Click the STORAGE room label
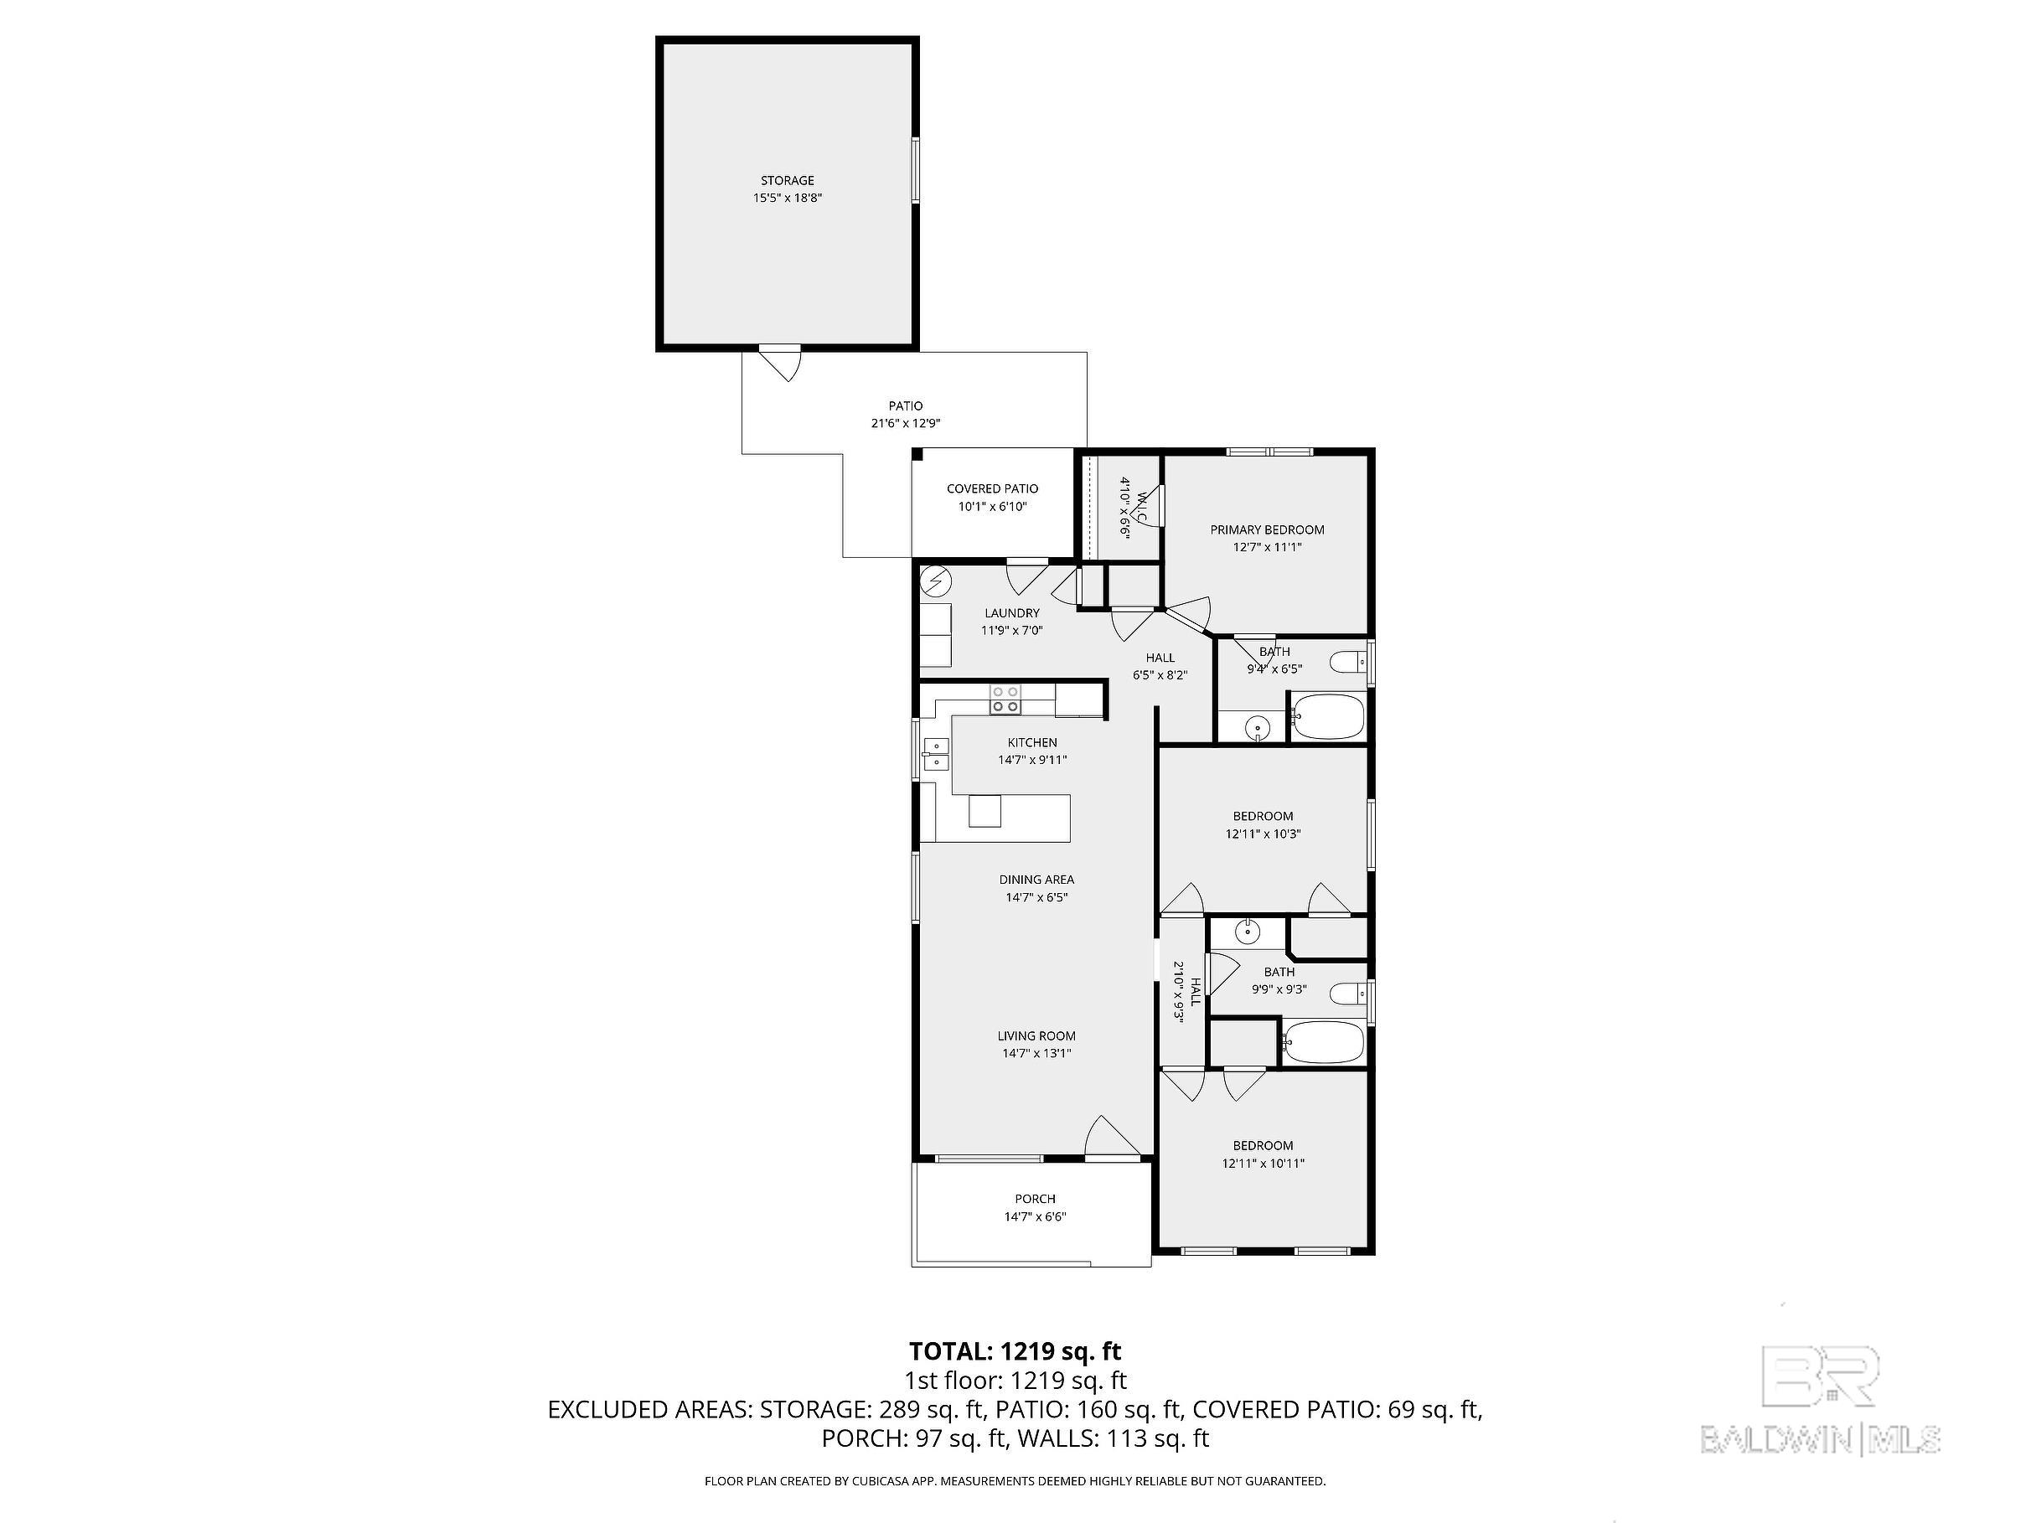(x=787, y=180)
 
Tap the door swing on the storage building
(x=779, y=364)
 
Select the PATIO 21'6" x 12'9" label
(x=905, y=414)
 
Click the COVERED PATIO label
(x=993, y=488)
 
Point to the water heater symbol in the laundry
(x=937, y=581)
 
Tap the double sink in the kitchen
(x=935, y=753)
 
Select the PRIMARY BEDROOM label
(x=1267, y=529)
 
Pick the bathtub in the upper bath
(x=1328, y=716)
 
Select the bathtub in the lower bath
(x=1323, y=1043)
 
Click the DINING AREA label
(x=1036, y=880)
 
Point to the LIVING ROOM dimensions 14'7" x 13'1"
(x=1036, y=1053)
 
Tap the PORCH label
(x=1035, y=1199)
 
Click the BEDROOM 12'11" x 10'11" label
(x=1264, y=1154)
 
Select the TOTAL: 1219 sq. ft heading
(x=1015, y=1351)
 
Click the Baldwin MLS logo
(x=1820, y=1398)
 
